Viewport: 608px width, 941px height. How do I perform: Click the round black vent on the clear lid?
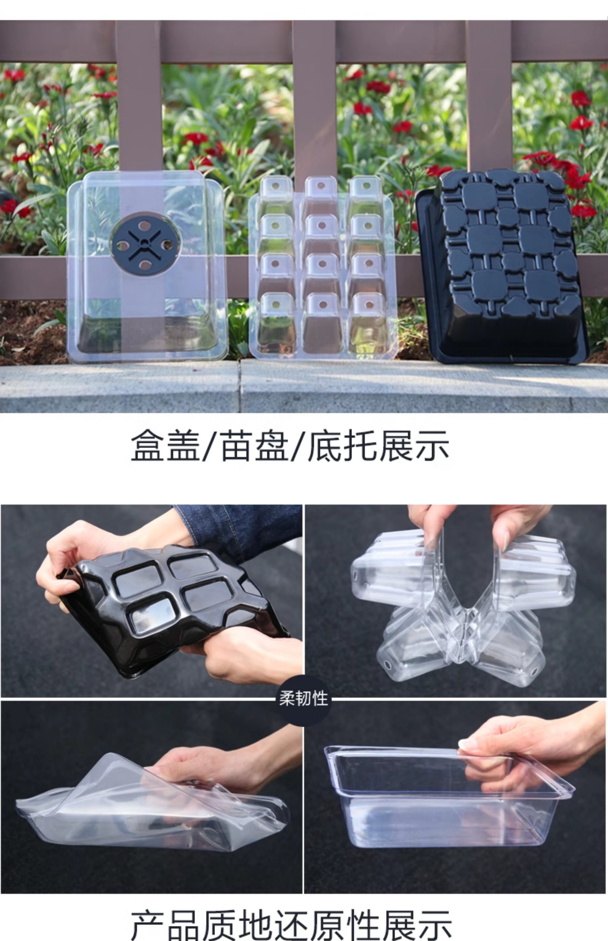click(145, 244)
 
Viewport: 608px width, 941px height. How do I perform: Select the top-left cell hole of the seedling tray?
click(275, 186)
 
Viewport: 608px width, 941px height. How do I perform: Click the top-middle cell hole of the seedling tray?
click(321, 186)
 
